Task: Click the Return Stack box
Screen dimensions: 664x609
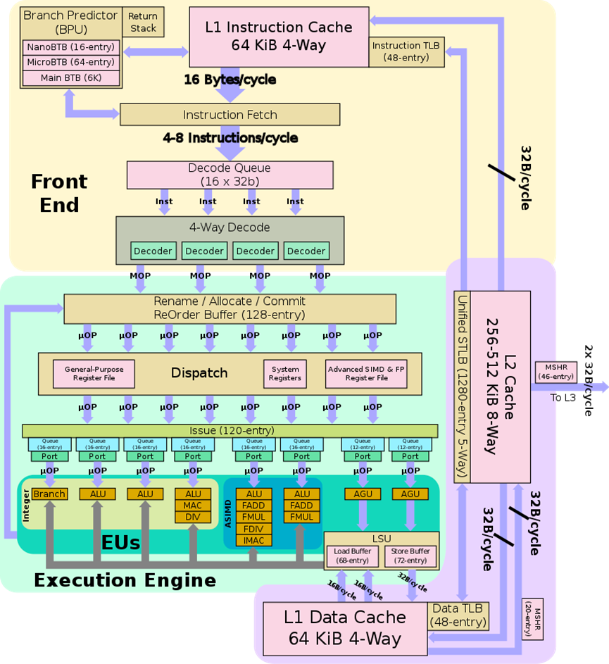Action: pos(143,23)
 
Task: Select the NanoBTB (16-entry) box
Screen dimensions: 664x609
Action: pos(70,48)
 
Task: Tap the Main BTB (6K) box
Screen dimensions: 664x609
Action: pos(70,77)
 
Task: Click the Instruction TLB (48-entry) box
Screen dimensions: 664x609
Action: pos(406,51)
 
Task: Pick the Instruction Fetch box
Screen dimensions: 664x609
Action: pos(230,115)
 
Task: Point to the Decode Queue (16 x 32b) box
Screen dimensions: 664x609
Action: pos(230,175)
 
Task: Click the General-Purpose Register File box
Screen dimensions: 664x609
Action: pos(94,373)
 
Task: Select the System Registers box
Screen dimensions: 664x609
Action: pos(284,373)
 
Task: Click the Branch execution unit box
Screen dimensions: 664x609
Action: pos(49,494)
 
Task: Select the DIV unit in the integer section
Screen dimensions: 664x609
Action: pos(193,516)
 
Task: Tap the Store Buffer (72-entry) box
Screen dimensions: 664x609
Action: pos(410,556)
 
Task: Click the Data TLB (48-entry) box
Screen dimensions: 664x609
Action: pos(458,616)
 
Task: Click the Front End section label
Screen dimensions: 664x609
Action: pos(59,193)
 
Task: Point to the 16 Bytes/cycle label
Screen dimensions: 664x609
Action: pos(230,80)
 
